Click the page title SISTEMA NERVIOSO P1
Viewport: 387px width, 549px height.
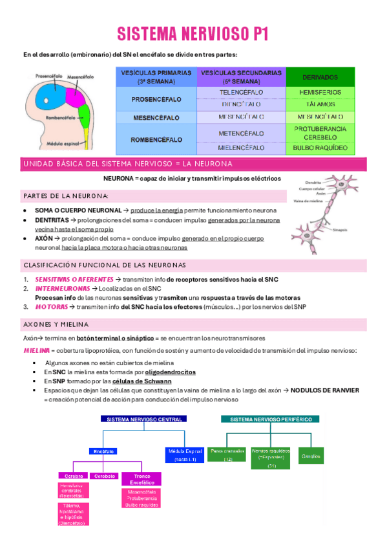pyautogui.click(x=193, y=34)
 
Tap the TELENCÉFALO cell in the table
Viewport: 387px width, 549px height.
pyautogui.click(x=242, y=93)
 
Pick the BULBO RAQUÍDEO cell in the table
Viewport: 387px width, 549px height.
pyautogui.click(x=320, y=148)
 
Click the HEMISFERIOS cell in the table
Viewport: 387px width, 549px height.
pyautogui.click(x=320, y=93)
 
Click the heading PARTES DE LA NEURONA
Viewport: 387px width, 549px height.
pyautogui.click(x=66, y=196)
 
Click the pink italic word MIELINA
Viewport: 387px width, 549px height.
pyautogui.click(x=36, y=350)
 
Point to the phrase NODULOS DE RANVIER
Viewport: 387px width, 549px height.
pyautogui.click(x=324, y=390)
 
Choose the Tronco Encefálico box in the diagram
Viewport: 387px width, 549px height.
pyautogui.click(x=141, y=479)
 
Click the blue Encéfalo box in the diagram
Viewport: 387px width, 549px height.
pyautogui.click(x=104, y=451)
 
